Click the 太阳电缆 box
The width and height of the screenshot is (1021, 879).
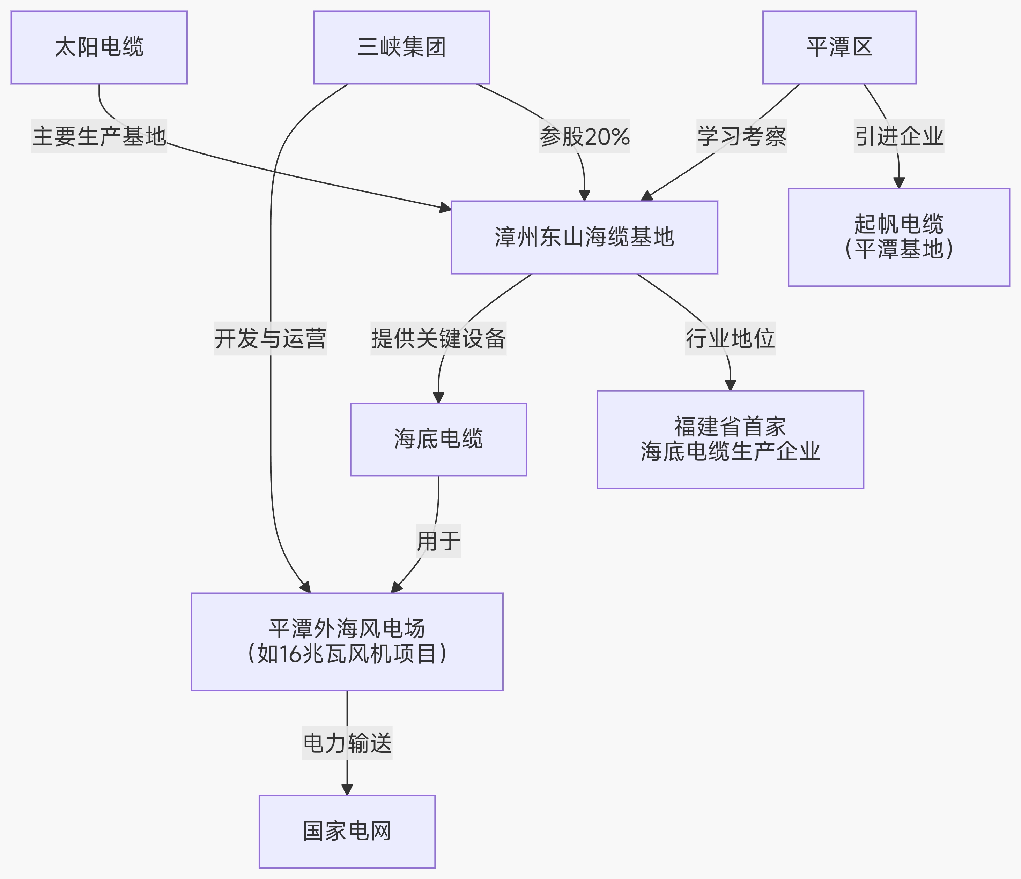[99, 47]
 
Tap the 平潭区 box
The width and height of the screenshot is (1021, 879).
[839, 47]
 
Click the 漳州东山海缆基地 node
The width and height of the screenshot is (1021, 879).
[584, 237]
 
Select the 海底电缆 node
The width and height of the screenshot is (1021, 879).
[438, 439]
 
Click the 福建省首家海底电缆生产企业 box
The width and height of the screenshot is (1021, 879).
[730, 439]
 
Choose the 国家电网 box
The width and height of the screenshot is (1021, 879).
[347, 831]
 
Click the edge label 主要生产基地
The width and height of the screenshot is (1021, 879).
[99, 136]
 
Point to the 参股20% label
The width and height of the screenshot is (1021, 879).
[584, 136]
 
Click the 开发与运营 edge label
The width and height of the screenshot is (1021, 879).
[270, 338]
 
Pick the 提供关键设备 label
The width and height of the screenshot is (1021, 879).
[438, 338]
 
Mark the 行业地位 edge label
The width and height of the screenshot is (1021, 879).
[730, 338]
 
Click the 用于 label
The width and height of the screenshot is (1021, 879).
[438, 541]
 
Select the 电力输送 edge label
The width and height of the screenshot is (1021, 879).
[347, 743]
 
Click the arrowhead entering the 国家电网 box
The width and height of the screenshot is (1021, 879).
[347, 789]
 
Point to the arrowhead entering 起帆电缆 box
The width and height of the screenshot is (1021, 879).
[899, 183]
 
